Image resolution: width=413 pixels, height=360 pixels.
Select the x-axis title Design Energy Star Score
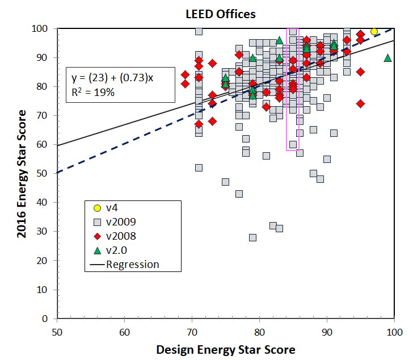225,349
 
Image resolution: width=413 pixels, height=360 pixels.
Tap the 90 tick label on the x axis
327,330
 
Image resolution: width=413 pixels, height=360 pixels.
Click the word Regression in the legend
132,265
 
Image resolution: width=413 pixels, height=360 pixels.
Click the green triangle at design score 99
387,58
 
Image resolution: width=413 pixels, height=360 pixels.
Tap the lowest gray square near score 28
252,237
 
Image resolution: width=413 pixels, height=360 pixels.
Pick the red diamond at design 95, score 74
360,104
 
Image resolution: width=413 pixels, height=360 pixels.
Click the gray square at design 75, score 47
225,182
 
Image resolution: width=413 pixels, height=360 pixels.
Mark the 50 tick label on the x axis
57,330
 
